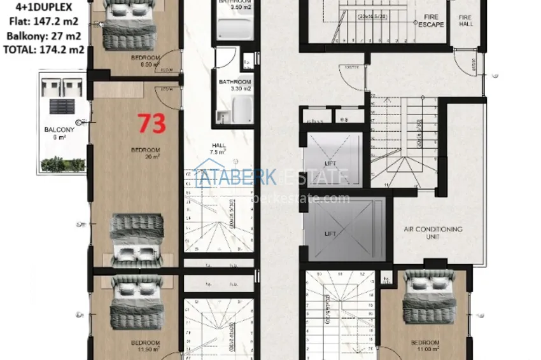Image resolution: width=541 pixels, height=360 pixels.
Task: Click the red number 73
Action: click(x=152, y=123)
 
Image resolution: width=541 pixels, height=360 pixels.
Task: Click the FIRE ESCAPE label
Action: click(x=431, y=21)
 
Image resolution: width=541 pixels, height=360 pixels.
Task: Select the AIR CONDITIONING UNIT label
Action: click(x=433, y=233)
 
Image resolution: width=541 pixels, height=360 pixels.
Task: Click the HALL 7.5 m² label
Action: click(x=218, y=149)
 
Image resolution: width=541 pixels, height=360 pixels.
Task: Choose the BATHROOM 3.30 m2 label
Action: click(x=235, y=85)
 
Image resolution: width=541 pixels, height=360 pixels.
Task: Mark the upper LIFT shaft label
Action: click(x=330, y=163)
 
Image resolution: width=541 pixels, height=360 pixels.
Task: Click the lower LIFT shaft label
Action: click(x=330, y=233)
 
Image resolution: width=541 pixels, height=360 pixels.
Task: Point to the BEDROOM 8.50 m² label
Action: click(x=145, y=61)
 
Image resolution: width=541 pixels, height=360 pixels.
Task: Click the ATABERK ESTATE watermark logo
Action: click(x=272, y=178)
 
